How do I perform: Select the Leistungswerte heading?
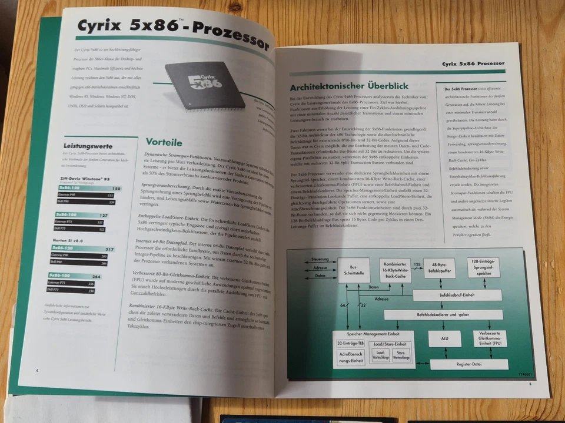(88, 145)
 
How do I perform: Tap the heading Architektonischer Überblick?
(349, 86)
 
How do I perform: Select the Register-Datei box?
(468, 364)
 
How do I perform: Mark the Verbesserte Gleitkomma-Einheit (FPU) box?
(489, 340)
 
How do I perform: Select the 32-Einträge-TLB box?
(351, 343)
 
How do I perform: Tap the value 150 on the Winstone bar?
(115, 189)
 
